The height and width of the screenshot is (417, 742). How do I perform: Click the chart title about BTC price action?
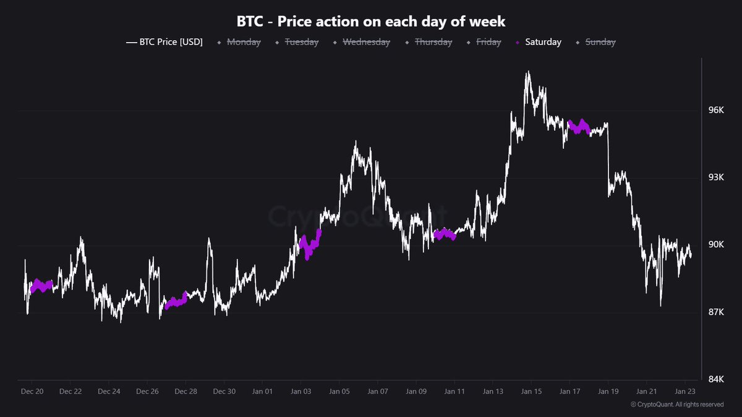pos(371,21)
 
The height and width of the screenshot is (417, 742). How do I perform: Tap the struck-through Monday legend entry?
pos(243,42)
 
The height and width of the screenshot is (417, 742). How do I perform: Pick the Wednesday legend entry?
pos(366,42)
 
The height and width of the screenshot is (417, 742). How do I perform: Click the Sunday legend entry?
pos(600,42)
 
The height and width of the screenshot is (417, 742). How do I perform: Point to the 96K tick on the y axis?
pos(715,110)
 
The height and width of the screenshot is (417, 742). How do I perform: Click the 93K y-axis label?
pos(715,177)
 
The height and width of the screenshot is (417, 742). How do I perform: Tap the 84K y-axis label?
pos(715,378)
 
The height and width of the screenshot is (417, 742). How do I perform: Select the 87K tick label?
pos(715,311)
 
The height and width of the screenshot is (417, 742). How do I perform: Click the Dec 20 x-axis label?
pos(32,391)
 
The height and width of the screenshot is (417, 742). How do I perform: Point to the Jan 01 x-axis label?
pos(262,391)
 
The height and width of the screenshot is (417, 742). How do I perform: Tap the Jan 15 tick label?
pos(531,391)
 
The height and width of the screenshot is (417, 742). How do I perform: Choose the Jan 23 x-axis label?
pos(685,391)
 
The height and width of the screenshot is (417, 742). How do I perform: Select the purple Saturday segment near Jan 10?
pos(444,234)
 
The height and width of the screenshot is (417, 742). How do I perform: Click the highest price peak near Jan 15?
pos(527,73)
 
